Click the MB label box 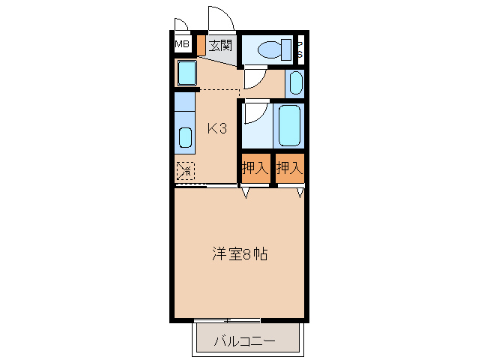pos(182,45)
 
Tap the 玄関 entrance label pos(220,46)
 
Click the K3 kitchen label pos(217,129)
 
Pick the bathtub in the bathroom pos(290,124)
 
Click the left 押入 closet pos(255,168)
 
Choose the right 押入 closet pos(289,168)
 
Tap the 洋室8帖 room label pos(239,253)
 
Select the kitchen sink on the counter pos(185,136)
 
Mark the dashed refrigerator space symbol pos(185,171)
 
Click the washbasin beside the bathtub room pos(295,82)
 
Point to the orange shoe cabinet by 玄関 pos(200,44)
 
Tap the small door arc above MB pos(181,23)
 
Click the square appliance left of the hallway pos(187,73)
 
